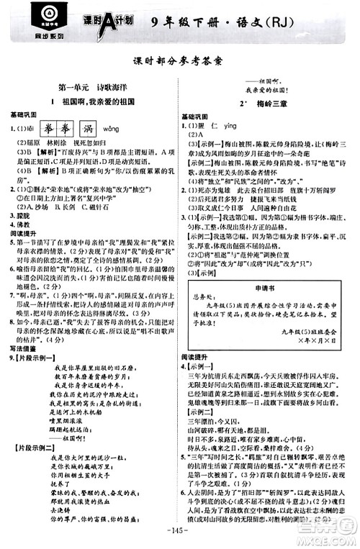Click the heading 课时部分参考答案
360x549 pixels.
click(180, 62)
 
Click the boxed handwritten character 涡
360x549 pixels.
click(92, 129)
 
